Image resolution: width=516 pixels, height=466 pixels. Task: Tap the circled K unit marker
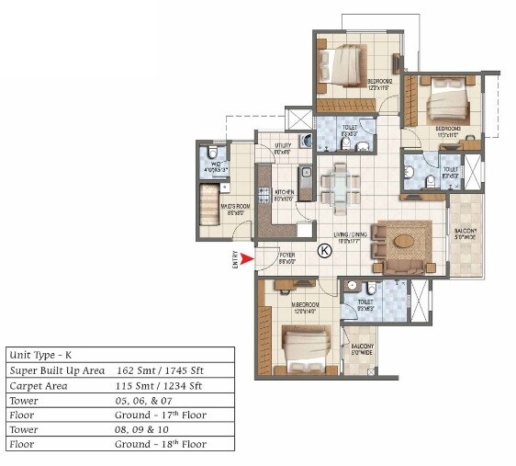coord(323,250)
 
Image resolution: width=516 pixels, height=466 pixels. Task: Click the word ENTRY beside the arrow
coord(236,260)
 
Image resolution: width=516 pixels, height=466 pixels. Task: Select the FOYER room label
coord(287,256)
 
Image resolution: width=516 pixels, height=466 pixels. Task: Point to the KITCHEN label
coord(283,193)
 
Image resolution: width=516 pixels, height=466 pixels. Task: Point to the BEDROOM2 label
coord(380,82)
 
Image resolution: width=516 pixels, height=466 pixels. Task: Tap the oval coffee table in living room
coord(404,242)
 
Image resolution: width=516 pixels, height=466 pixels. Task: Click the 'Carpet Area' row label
coord(35,385)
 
